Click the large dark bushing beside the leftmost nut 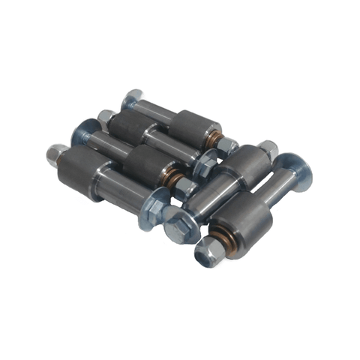[x=83, y=169]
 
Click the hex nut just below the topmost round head [x=106, y=118]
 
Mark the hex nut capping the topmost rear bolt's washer [x=226, y=147]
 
